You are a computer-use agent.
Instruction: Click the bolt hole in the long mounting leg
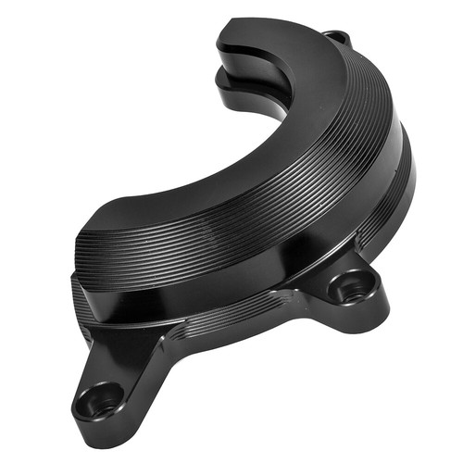[99, 399]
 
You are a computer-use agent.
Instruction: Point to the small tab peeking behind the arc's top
[341, 38]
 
